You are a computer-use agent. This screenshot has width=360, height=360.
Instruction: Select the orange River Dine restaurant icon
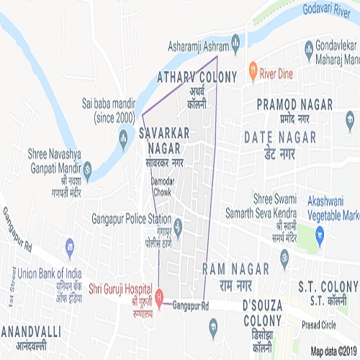tap(253, 71)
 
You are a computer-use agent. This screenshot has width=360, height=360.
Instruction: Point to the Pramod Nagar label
tap(295, 104)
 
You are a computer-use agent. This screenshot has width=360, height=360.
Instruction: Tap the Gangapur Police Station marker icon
tap(178, 230)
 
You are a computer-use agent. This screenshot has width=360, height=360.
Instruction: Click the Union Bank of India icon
tap(70, 246)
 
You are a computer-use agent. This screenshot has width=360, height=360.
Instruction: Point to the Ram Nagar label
tap(236, 269)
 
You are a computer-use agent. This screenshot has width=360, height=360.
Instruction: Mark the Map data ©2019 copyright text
tap(334, 352)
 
